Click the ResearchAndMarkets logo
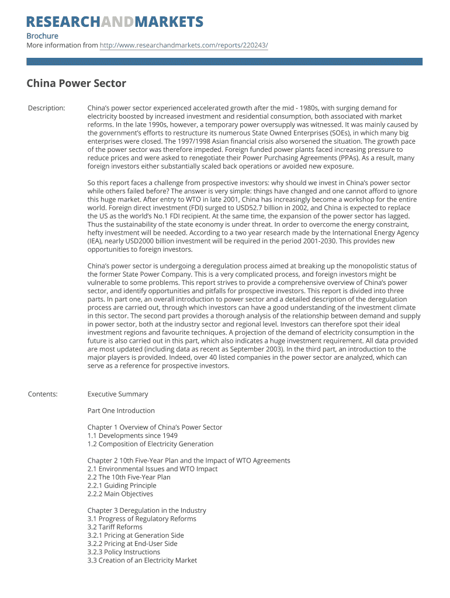pos(115,22)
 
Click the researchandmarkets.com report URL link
pos(184,45)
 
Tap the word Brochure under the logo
pos(42,36)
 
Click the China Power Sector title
pos(76,84)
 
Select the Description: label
pos(47,108)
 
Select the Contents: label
pos(43,394)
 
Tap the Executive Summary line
pos(117,394)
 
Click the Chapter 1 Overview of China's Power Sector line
pos(155,427)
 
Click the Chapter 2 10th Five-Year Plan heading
pos(189,461)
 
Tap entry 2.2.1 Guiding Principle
pos(122,485)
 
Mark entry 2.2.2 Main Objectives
pos(120,494)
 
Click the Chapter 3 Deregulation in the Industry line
pos(147,510)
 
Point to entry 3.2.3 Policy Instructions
pos(123,552)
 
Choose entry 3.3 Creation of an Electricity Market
pos(142,561)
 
